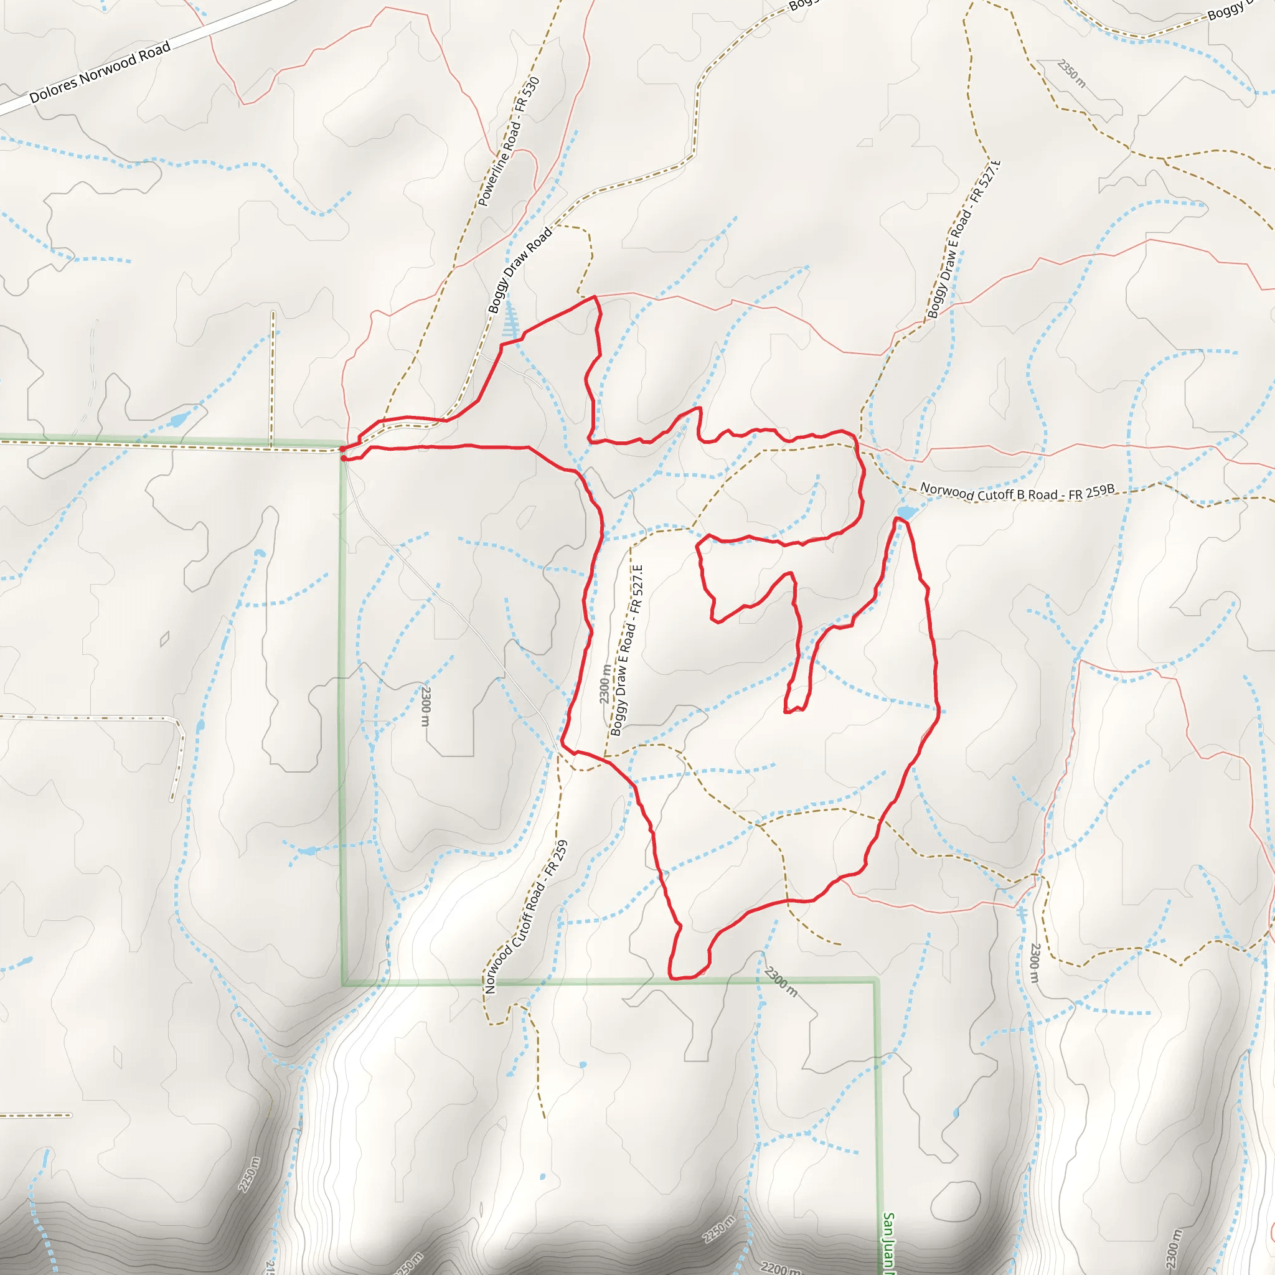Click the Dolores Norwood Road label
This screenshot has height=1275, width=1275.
[x=100, y=72]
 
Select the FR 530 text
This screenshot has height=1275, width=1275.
[x=529, y=95]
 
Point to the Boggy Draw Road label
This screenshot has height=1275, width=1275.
[x=520, y=271]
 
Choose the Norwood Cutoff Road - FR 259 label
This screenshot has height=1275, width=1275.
[x=526, y=917]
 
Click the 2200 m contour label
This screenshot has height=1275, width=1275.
[x=781, y=1267]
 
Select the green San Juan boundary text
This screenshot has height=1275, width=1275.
[x=888, y=1243]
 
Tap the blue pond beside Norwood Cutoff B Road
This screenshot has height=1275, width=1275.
[x=906, y=513]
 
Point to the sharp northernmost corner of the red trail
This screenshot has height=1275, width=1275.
[x=595, y=297]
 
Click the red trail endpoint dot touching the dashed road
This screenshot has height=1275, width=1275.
[x=342, y=449]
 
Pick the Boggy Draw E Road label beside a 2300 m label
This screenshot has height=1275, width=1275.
[x=626, y=651]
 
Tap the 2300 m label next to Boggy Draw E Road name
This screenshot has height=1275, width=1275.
[x=605, y=684]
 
